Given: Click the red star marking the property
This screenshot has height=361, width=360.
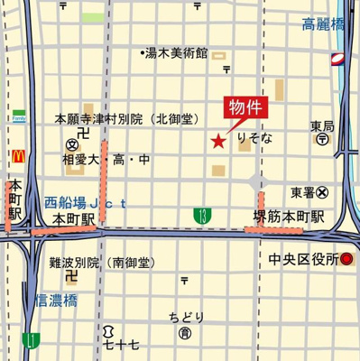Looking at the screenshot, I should click(217, 140).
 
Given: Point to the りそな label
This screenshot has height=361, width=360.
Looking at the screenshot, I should click(254, 140).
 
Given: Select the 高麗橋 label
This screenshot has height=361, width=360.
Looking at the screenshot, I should click(323, 25).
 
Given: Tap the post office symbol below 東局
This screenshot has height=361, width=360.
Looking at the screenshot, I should click(322, 140).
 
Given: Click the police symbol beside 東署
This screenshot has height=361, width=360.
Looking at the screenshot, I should click(322, 192).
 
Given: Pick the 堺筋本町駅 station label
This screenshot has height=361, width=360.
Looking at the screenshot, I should click(289, 218).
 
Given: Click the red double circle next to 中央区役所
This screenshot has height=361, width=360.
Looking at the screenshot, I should click(346, 259).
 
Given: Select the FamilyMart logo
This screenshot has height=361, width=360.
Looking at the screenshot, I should click(18, 116).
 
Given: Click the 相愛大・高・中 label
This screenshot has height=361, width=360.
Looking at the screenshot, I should click(106, 160).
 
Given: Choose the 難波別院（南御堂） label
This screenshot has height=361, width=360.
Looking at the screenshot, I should click(101, 263).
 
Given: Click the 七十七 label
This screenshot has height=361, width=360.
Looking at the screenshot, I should click(121, 344).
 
